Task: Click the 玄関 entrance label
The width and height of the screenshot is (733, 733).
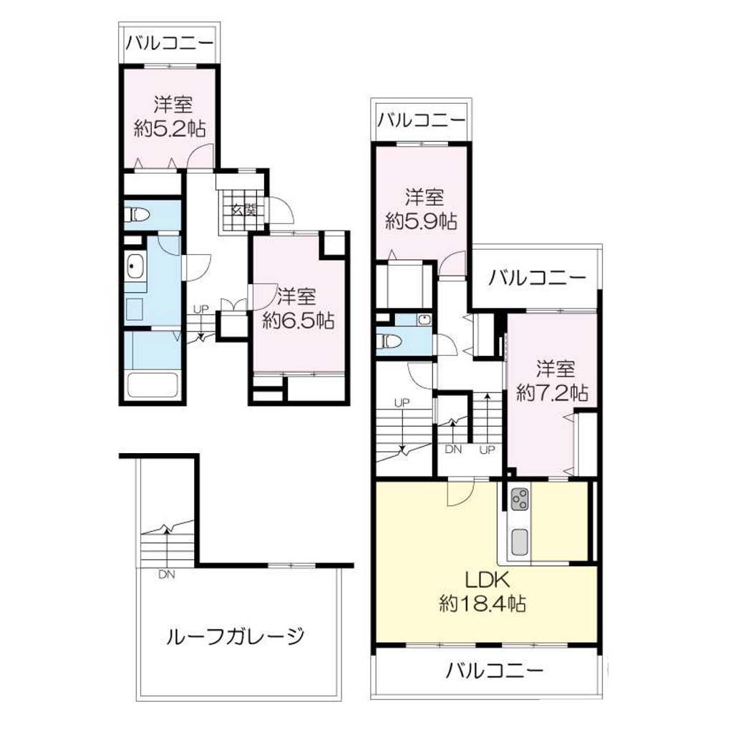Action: coord(243,210)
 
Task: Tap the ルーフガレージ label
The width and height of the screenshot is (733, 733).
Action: coord(235,636)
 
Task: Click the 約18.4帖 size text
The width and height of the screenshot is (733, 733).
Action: coord(483,603)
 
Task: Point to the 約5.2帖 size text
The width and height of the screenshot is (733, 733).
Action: coord(170,128)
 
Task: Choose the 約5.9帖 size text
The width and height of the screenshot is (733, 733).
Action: coord(421,220)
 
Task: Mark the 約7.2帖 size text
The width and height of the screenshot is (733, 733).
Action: coord(552,393)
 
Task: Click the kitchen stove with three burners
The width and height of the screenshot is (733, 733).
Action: coord(520,499)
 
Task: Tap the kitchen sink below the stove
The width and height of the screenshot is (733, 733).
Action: coord(520,541)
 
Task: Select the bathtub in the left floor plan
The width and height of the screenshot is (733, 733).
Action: coord(152,384)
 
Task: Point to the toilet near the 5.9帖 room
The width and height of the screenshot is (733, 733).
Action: coord(389,341)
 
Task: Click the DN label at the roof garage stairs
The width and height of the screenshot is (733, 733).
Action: coord(166,575)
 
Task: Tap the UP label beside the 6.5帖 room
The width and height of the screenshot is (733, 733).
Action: coord(201,309)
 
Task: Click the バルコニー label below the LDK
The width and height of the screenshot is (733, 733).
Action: coord(495,671)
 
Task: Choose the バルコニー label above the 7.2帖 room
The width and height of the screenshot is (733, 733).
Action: coord(537,278)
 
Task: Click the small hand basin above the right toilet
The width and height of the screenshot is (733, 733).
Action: coord(424,320)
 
